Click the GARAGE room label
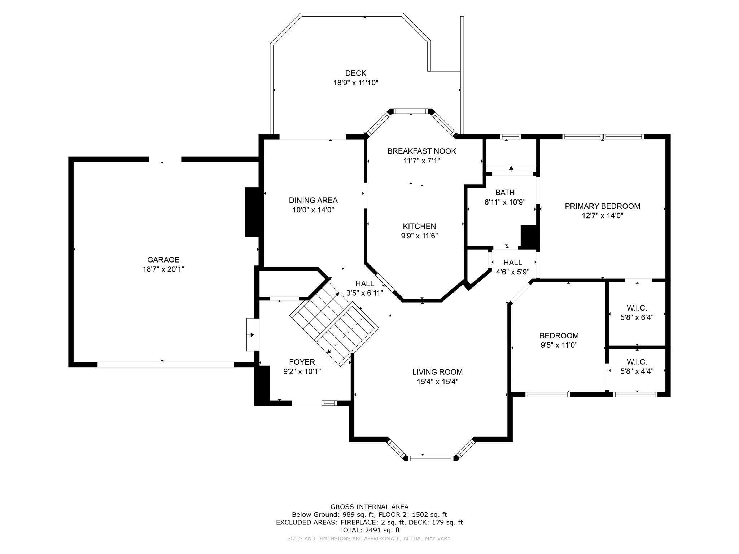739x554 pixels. [x=163, y=260]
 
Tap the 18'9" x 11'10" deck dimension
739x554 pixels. [x=355, y=83]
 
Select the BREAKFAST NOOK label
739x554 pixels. [x=421, y=151]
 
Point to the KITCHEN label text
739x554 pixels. [x=419, y=226]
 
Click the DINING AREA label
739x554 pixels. [x=313, y=200]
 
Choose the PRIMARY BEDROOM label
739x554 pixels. [x=602, y=206]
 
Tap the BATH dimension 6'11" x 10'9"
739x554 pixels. [x=505, y=202]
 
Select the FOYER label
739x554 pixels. [x=302, y=362]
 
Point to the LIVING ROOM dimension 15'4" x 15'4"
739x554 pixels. [x=437, y=382]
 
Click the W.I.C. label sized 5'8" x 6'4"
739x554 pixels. [x=637, y=308]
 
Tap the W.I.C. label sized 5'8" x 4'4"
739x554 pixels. [x=637, y=362]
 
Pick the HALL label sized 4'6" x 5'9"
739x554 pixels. [x=513, y=263]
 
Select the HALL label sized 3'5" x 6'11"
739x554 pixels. [x=365, y=283]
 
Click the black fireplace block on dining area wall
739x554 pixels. [x=252, y=212]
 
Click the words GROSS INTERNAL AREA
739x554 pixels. [x=369, y=507]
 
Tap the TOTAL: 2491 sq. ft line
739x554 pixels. [x=369, y=530]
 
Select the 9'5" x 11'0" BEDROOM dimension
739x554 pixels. [x=559, y=345]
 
